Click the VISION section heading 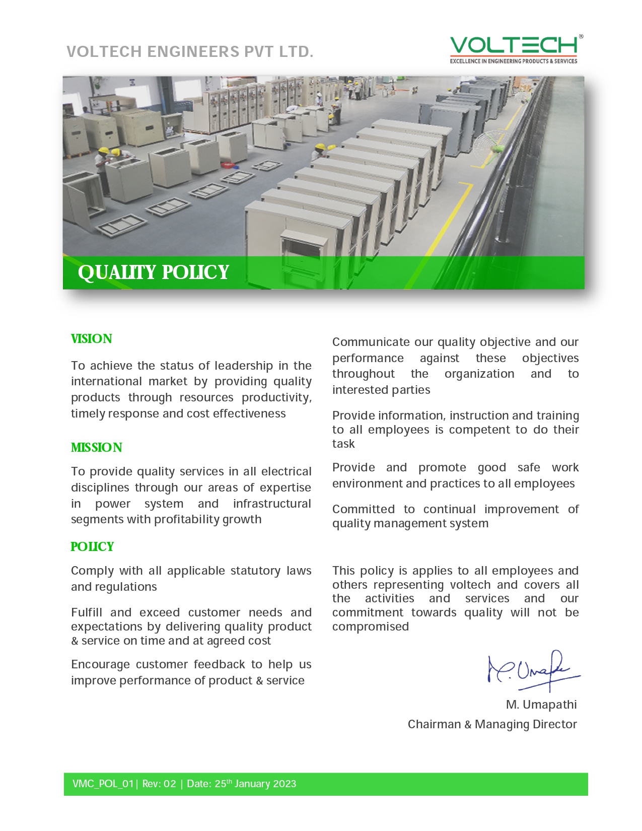92,339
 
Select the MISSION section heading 97,448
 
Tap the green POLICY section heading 92,547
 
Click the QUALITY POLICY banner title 153,272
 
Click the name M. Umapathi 541,705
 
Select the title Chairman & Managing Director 492,724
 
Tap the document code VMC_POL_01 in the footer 103,784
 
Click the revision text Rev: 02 159,784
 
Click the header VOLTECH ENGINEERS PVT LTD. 190,52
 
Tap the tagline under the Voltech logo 514,61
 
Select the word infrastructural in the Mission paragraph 272,504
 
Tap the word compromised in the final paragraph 371,627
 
